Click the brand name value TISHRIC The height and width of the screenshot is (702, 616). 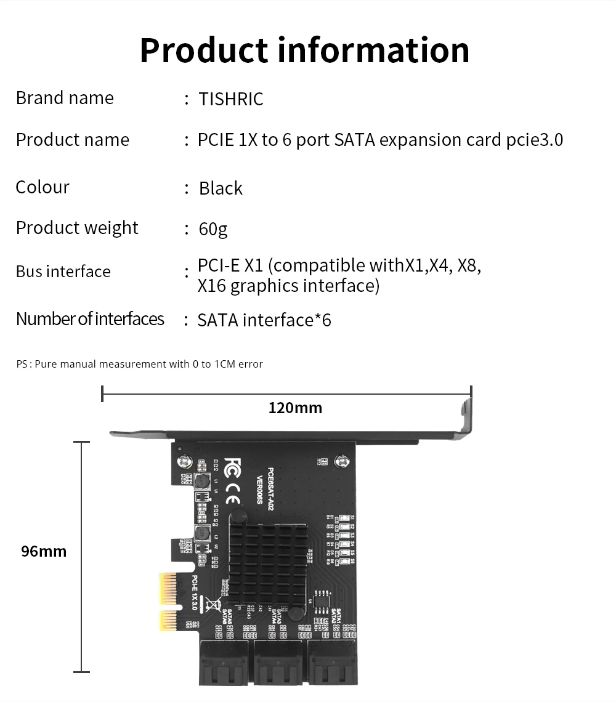tap(231, 99)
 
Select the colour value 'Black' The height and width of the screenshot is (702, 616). tap(221, 188)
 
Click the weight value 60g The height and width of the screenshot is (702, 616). tap(213, 230)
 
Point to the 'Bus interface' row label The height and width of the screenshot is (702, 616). tap(63, 272)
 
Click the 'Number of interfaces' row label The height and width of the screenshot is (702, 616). tap(90, 319)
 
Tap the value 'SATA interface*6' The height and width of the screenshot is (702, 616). tap(264, 320)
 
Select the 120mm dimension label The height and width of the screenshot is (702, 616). tap(295, 408)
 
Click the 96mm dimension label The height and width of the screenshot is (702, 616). tap(44, 551)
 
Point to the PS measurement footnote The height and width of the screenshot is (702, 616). tap(139, 365)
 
